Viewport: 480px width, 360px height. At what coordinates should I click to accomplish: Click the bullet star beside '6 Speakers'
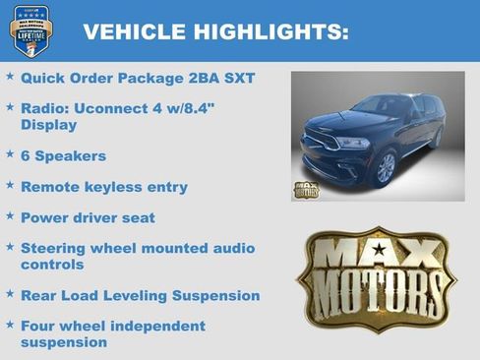point(10,154)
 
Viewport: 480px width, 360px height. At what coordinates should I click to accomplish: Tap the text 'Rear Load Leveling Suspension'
point(140,295)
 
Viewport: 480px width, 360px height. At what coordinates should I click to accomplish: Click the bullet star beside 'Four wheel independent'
point(10,325)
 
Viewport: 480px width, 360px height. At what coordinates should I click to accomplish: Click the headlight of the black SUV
point(353,143)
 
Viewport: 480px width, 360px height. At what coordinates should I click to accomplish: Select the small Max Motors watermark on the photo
point(306,188)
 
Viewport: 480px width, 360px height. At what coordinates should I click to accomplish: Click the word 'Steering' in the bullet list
point(58,248)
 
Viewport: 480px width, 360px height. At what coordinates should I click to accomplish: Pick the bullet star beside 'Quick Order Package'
point(10,75)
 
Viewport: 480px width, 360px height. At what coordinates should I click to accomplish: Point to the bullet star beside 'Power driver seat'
point(10,216)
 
